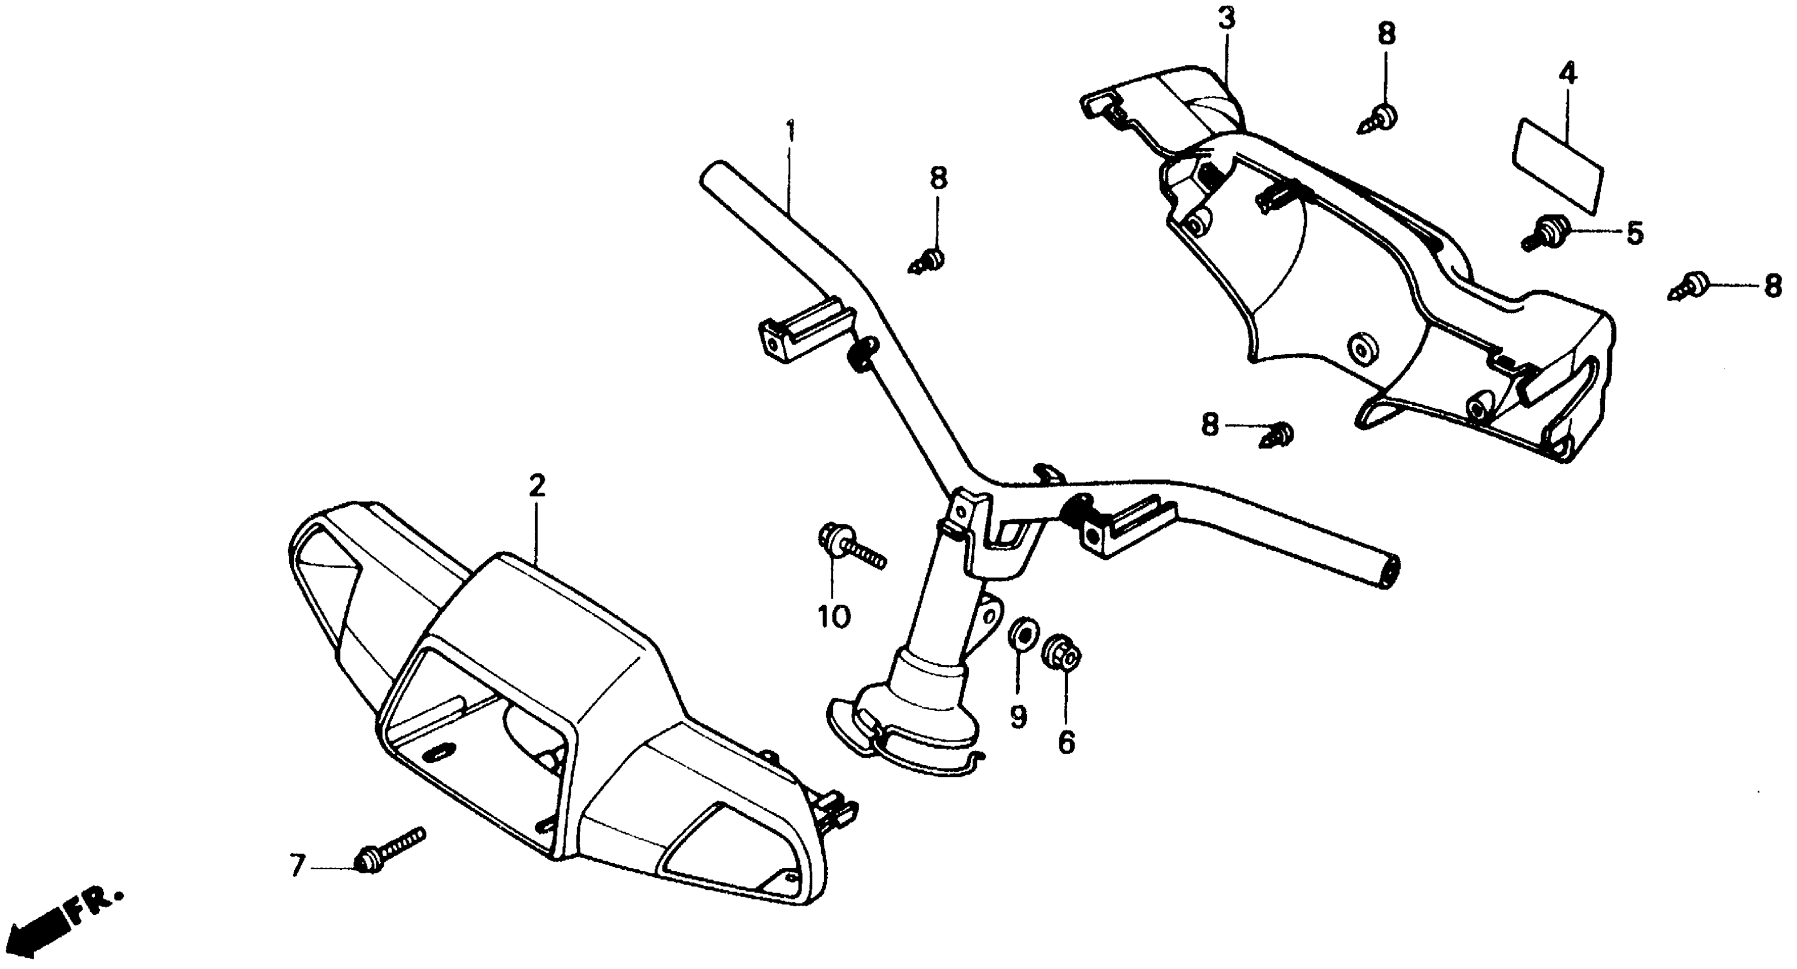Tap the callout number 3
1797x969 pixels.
1226,19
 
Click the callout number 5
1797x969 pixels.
1635,234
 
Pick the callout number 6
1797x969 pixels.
1066,743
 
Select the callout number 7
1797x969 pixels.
298,867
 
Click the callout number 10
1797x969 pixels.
834,616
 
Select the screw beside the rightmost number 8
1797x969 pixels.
1693,287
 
